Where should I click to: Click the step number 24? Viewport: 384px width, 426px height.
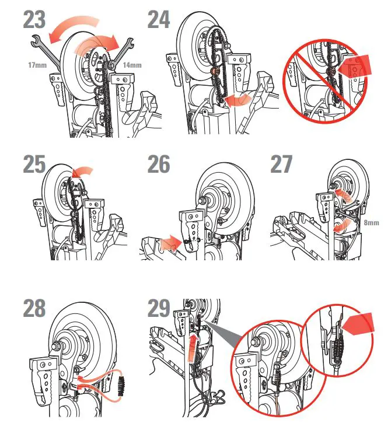click(x=158, y=19)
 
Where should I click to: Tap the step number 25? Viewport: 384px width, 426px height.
click(x=35, y=165)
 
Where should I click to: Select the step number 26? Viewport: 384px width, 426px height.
click(x=159, y=165)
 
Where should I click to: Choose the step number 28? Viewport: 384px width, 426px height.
click(x=34, y=308)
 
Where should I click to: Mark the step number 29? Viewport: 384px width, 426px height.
click(x=159, y=308)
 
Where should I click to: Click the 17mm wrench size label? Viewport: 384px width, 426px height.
click(x=20, y=65)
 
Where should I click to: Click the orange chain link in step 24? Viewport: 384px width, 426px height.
click(x=215, y=72)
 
